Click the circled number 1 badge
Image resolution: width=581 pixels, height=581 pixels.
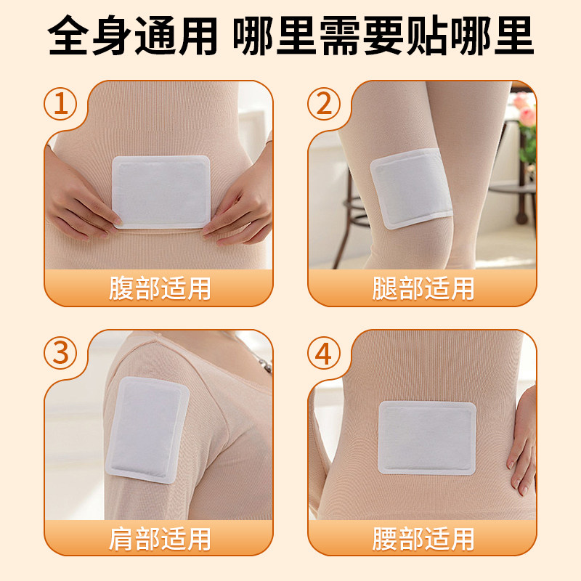click(61, 105)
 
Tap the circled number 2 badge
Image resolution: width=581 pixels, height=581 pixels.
click(324, 105)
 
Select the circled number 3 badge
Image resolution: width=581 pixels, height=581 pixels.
click(61, 354)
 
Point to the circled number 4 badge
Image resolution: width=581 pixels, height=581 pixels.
click(324, 354)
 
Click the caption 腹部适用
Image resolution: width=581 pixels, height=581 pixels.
click(160, 288)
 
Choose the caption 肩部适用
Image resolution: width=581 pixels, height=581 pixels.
click(160, 538)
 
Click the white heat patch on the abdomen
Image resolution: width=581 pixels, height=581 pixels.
click(161, 191)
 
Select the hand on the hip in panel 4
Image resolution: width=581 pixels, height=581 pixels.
click(521, 450)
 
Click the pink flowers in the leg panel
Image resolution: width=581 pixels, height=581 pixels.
click(524, 109)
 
